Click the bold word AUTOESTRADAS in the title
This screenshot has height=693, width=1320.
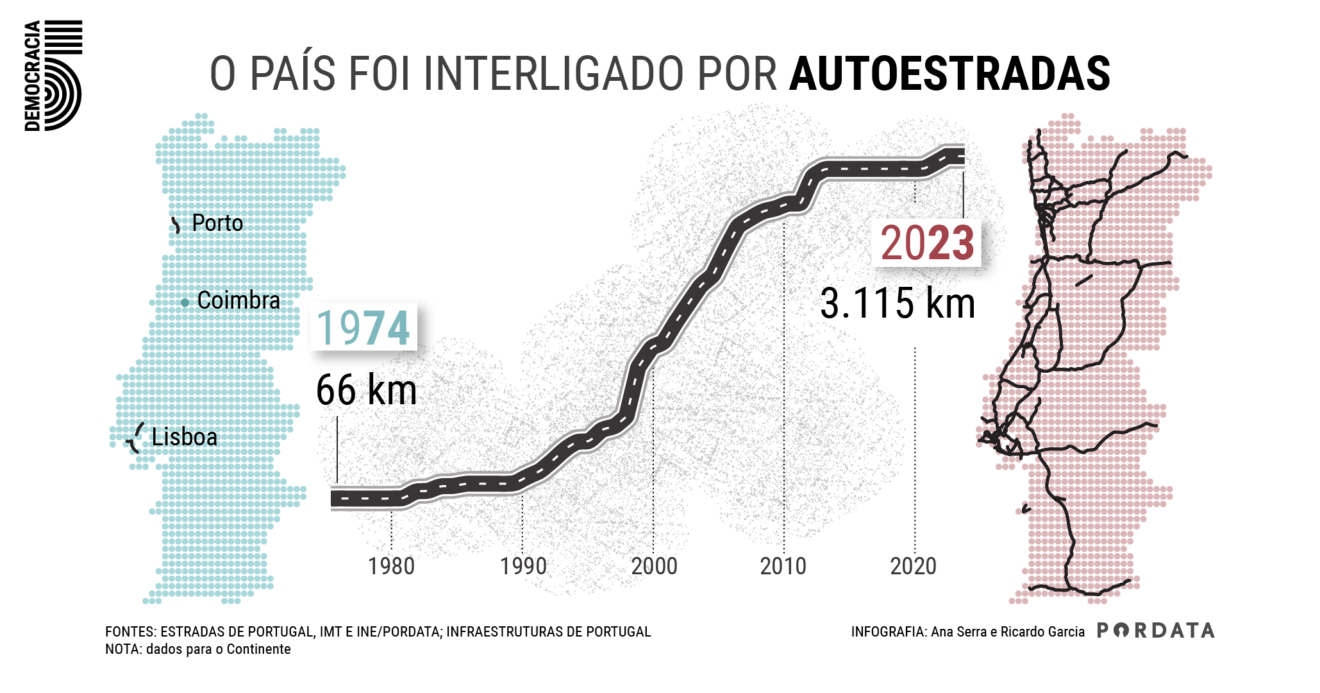tap(949, 74)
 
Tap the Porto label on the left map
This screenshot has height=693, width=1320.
tap(217, 223)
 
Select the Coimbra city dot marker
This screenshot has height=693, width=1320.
tap(185, 302)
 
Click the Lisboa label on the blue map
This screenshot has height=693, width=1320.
tap(184, 437)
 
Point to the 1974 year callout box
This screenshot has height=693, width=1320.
tap(363, 328)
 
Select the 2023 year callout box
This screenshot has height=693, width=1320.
tap(927, 243)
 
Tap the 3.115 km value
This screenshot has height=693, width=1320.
tap(898, 304)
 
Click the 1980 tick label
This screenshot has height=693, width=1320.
tap(391, 567)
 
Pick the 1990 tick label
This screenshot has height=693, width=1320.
tap(523, 567)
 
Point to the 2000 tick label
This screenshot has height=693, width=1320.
tap(654, 567)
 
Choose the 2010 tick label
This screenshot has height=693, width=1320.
tap(784, 567)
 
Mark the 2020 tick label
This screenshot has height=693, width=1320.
tap(914, 567)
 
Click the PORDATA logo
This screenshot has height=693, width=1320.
tap(1156, 631)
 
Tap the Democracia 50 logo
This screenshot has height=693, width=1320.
tap(54, 75)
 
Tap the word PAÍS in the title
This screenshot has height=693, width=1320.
tap(292, 74)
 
